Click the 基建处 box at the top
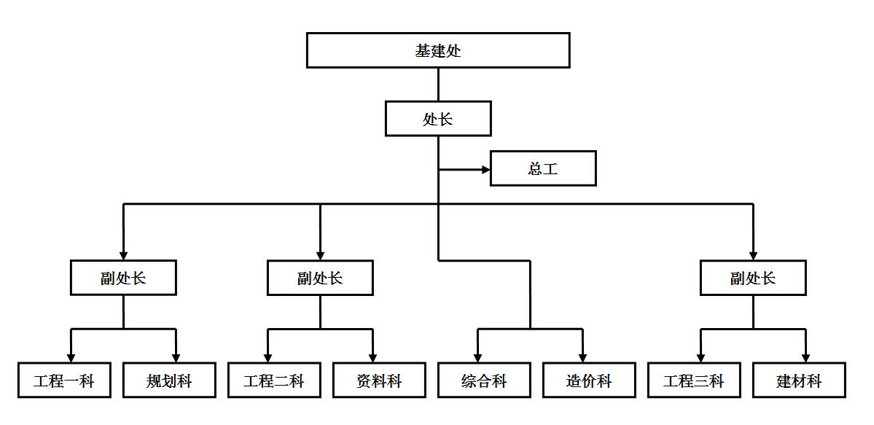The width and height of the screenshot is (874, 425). tap(437, 50)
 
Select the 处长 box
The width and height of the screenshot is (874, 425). tap(437, 119)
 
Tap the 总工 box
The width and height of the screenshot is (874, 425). tap(543, 168)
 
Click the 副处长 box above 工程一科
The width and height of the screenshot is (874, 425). tap(123, 278)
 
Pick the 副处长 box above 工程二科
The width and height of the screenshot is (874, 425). tap(320, 278)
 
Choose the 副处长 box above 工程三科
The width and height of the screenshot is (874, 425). tap(753, 278)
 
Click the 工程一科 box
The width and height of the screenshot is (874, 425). tap(64, 380)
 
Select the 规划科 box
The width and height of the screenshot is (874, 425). tap(169, 380)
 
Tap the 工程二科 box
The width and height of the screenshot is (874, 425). tap(274, 380)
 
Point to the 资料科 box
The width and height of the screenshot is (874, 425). tap(379, 380)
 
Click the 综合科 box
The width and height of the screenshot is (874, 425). tap(484, 380)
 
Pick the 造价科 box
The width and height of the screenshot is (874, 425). tap(589, 380)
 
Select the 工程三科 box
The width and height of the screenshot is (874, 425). tap(694, 380)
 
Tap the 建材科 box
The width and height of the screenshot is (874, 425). tap(799, 380)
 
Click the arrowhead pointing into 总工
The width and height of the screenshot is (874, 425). tap(485, 170)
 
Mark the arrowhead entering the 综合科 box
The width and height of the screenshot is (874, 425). tap(478, 357)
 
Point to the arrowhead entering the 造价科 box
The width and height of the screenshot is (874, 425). tap(583, 357)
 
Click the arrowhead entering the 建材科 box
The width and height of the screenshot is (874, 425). tap(805, 357)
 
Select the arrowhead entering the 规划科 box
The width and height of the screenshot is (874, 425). tap(176, 357)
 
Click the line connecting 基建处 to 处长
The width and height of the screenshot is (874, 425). tap(438, 85)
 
